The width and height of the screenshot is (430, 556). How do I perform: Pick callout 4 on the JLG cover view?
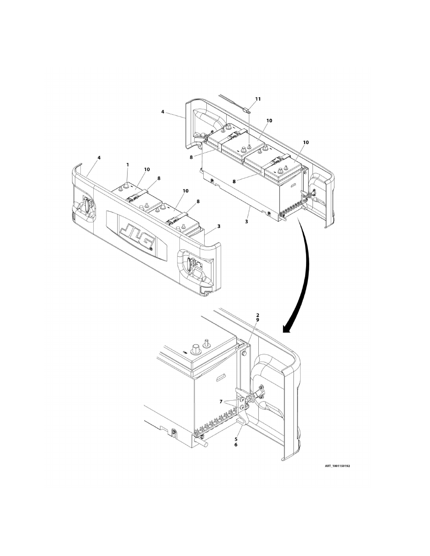pos(99,158)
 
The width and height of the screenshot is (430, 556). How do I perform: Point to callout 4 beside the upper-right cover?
pos(163,111)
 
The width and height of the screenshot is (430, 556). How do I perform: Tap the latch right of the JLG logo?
pos(192,263)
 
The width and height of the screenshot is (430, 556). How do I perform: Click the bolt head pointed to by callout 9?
pos(243,354)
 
